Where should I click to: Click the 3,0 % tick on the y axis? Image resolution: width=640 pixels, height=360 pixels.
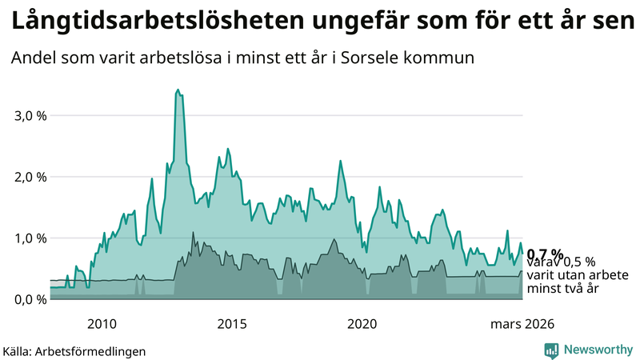click(x=31, y=115)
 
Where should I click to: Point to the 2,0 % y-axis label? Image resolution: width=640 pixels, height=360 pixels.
click(x=31, y=177)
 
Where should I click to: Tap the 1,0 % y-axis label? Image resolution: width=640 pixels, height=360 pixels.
click(x=31, y=238)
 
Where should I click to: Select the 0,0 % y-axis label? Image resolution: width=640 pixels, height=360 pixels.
click(x=31, y=299)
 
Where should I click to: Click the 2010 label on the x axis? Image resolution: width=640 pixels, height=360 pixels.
click(x=102, y=324)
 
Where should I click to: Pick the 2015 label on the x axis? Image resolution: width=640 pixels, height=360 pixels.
click(x=232, y=324)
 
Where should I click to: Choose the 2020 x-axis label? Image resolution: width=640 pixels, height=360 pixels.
click(x=362, y=324)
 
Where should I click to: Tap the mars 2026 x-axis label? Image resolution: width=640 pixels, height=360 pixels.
click(x=521, y=324)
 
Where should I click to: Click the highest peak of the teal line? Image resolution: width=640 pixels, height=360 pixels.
click(x=178, y=90)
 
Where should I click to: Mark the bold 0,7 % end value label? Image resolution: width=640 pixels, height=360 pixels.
click(x=545, y=254)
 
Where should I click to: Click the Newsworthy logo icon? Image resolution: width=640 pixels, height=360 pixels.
click(x=551, y=350)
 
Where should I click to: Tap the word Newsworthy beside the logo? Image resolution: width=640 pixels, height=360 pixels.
click(x=598, y=350)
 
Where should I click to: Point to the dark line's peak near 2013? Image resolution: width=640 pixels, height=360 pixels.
click(x=193, y=233)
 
